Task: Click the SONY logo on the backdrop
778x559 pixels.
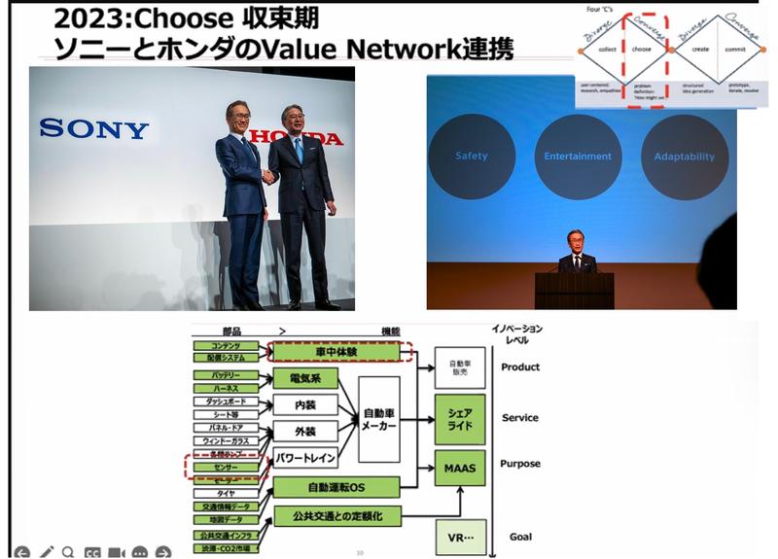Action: (x=94, y=128)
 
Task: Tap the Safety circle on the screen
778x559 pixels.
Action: (x=471, y=157)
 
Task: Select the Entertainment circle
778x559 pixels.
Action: (x=578, y=157)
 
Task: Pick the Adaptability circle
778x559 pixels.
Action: (x=684, y=157)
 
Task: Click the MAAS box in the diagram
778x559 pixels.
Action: (x=459, y=469)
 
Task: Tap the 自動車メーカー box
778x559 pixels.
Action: (x=378, y=418)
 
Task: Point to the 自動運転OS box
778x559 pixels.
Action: (x=336, y=486)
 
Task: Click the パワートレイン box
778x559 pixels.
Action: (x=305, y=456)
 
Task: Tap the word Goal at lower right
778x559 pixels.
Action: (x=520, y=537)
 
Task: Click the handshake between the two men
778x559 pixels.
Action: (x=268, y=177)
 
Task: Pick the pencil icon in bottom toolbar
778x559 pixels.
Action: (x=45, y=552)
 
